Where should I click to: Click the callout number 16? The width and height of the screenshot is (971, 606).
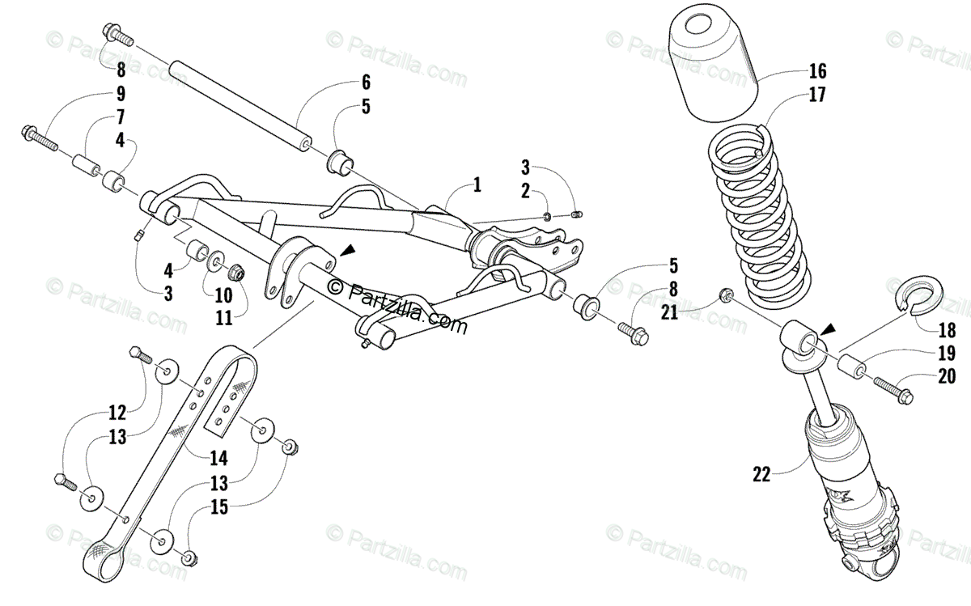coord(816,70)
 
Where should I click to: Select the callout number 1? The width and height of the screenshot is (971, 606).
coord(477,185)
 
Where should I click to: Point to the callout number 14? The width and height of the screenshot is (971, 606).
coord(218,459)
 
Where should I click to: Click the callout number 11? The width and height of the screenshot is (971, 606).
coord(224,317)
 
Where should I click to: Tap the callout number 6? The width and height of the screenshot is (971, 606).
coord(366,82)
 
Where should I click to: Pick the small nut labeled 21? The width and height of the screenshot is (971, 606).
coord(727,295)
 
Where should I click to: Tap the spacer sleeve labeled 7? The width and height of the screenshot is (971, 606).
coord(84,164)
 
